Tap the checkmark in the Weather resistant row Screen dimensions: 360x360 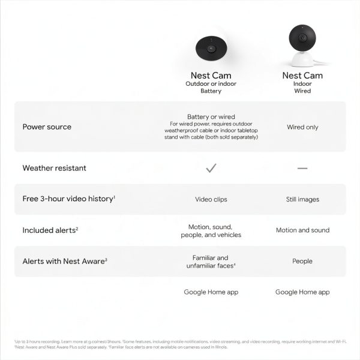(211, 168)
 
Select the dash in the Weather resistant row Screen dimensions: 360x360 (302, 168)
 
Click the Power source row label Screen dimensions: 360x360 (47, 127)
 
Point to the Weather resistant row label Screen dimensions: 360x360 (54, 168)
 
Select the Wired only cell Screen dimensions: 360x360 (302, 127)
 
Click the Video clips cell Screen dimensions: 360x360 (211, 199)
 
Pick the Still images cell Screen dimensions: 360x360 (302, 199)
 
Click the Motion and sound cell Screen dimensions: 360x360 (302, 230)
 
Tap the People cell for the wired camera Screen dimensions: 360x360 (302, 261)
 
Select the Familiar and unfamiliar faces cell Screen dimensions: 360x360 (211, 261)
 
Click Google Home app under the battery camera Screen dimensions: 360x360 (211, 292)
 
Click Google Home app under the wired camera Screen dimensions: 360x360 (302, 292)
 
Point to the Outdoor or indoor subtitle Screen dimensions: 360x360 (211, 84)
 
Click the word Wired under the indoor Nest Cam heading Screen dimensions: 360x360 (302, 91)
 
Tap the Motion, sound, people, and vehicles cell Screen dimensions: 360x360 (211, 231)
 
